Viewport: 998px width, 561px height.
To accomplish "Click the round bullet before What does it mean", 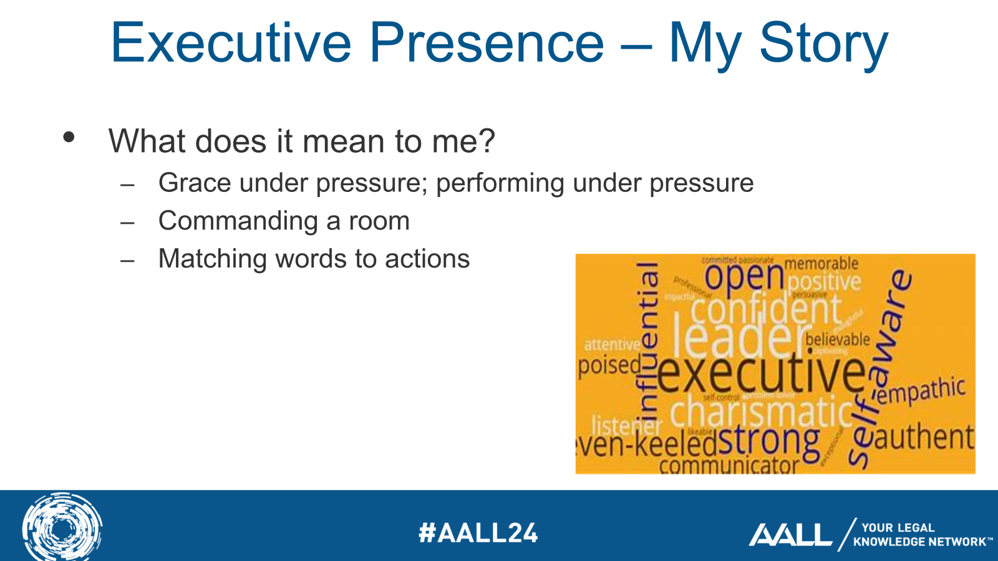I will pyautogui.click(x=69, y=137).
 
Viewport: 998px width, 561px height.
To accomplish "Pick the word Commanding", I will pyautogui.click(x=238, y=221).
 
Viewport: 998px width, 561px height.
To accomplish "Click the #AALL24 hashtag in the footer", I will pyautogui.click(x=478, y=533).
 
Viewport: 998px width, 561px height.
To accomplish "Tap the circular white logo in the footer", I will pyautogui.click(x=62, y=527).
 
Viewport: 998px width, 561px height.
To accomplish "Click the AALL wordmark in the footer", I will pyautogui.click(x=790, y=535).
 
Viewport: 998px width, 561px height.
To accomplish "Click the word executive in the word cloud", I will pyautogui.click(x=761, y=373).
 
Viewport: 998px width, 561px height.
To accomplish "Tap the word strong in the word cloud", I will pyautogui.click(x=768, y=440).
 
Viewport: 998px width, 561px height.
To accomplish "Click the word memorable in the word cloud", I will pyautogui.click(x=821, y=263).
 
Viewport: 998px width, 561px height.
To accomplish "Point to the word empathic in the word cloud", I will pyautogui.click(x=921, y=391).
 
